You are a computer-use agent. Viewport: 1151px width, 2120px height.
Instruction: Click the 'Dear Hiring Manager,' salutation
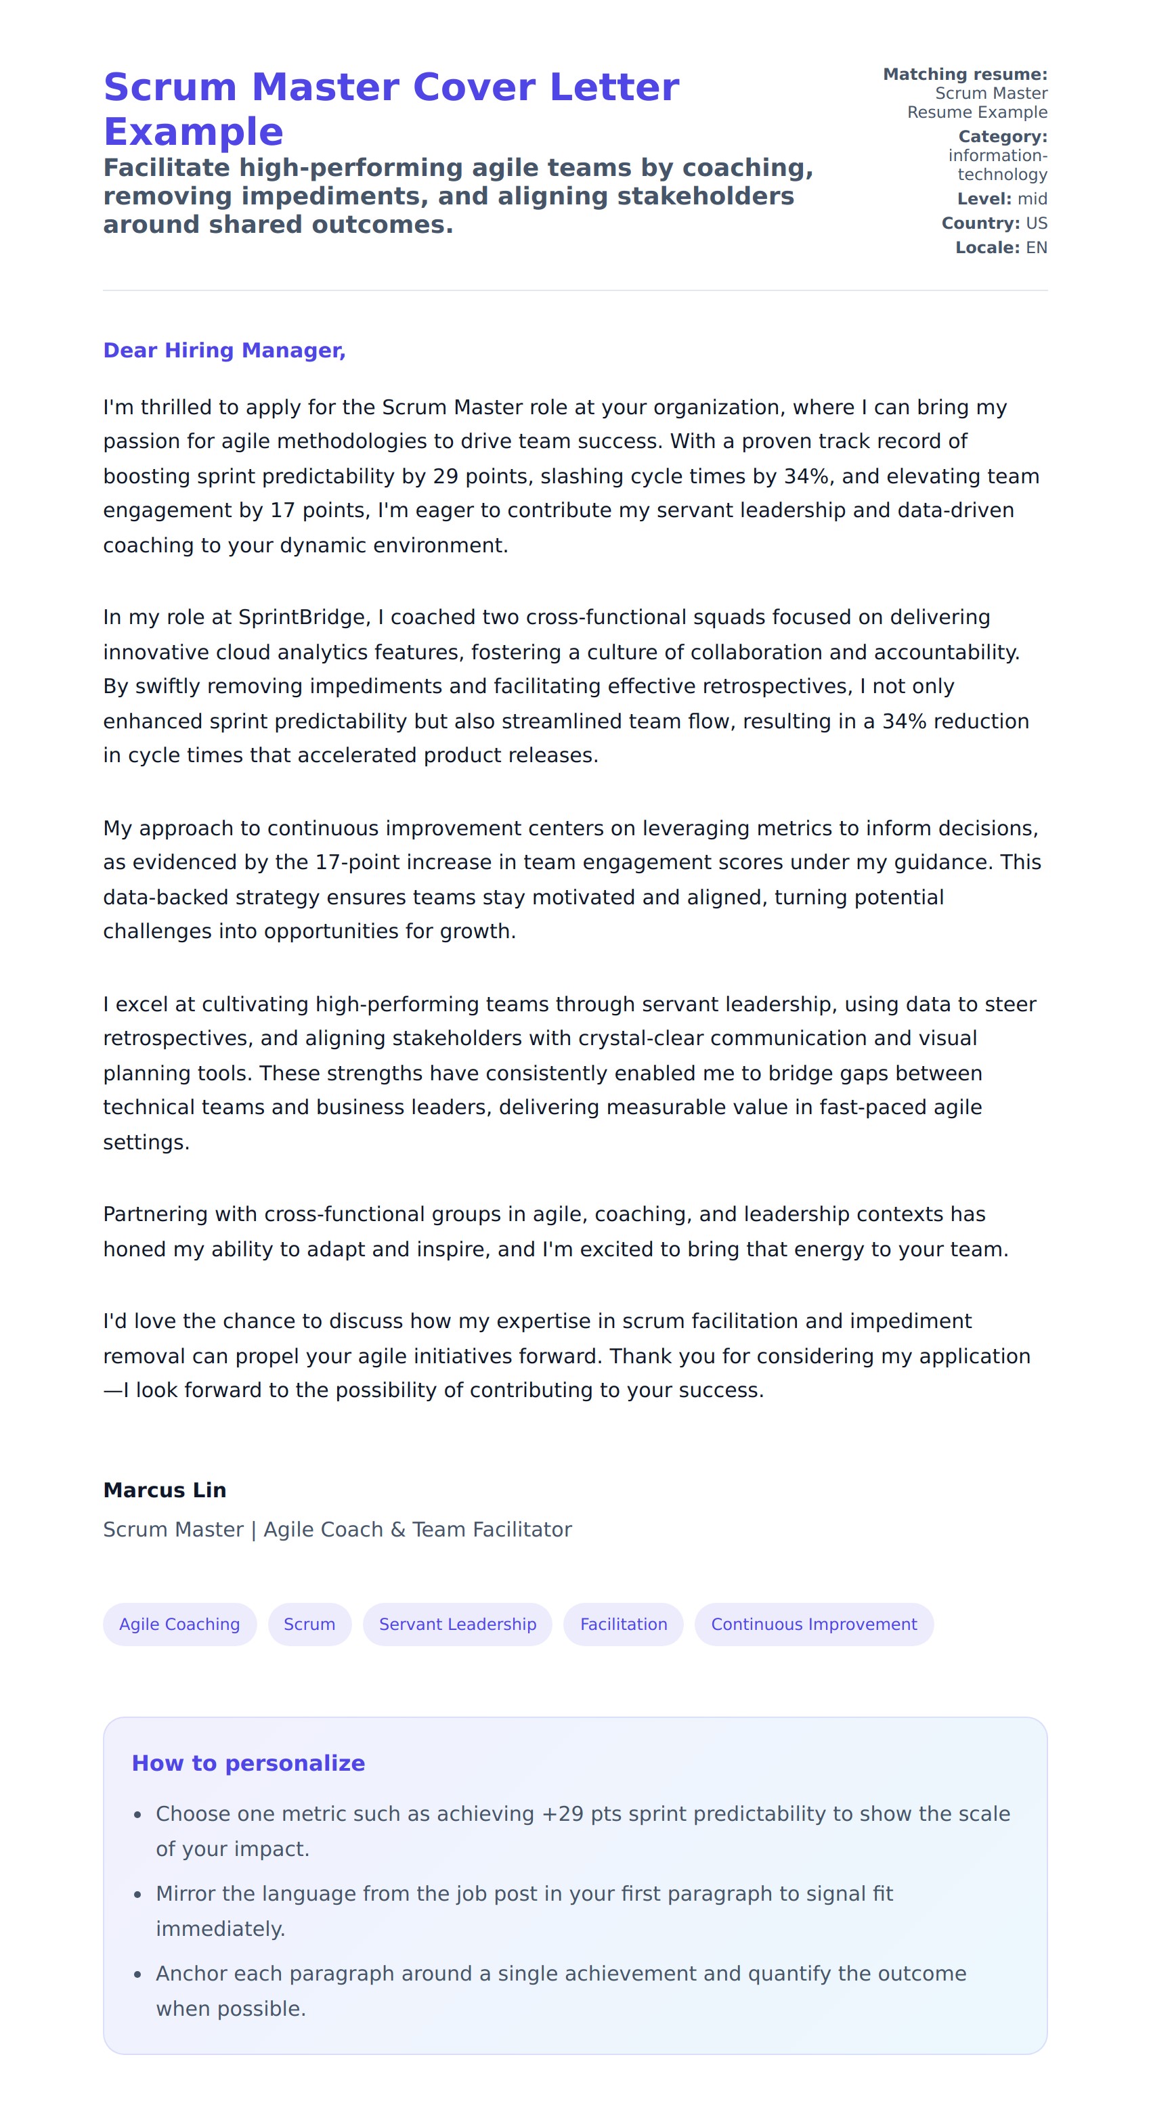224,351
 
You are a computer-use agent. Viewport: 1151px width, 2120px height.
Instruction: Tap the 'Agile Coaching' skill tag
179,1624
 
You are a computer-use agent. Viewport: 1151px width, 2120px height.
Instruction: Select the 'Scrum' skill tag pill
309,1624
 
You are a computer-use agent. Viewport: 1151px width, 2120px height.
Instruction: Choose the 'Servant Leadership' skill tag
457,1624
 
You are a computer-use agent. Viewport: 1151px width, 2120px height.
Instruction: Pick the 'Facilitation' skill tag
624,1624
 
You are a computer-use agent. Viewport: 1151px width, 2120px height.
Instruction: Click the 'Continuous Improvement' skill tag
813,1624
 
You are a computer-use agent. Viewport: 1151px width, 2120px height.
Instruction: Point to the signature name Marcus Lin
165,1490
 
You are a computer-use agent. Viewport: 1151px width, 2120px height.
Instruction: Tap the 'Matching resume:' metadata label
965,74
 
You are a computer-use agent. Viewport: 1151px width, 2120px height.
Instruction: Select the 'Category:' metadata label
1002,137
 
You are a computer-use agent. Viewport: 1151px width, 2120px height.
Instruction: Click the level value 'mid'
1032,199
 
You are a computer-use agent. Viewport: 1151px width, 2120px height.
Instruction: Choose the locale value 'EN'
1036,248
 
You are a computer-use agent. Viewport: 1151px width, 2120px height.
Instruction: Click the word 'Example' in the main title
194,132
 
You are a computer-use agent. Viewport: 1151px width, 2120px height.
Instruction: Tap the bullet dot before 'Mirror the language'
137,1895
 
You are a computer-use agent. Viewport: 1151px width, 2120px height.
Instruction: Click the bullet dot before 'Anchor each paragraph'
137,1974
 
